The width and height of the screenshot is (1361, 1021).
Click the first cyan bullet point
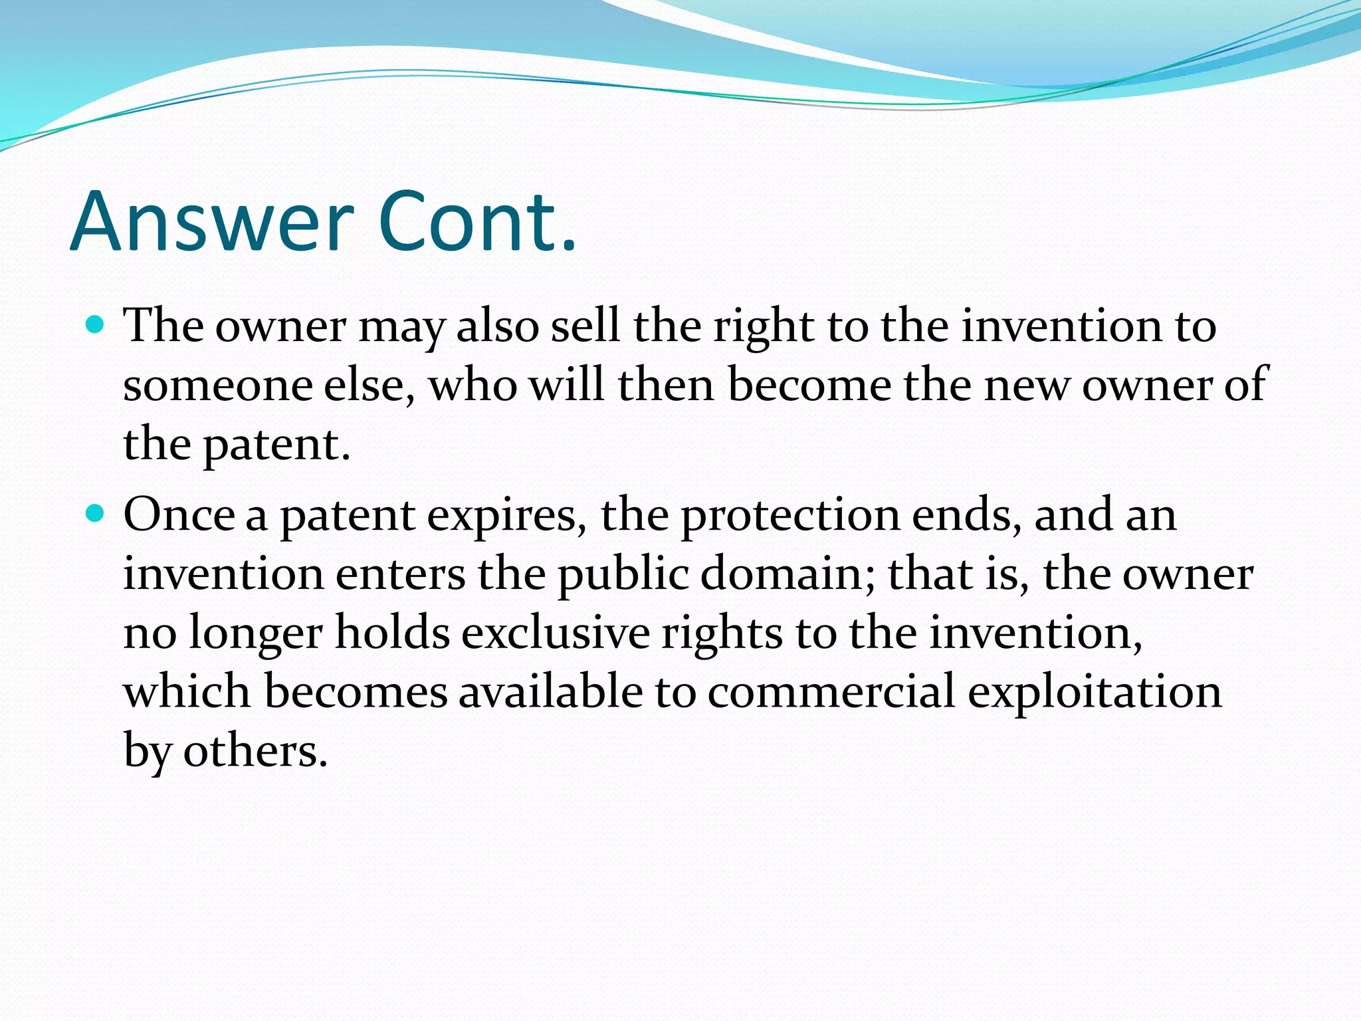click(x=96, y=325)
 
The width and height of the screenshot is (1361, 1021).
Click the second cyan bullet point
click(x=96, y=514)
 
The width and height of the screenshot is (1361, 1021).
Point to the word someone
click(x=217, y=386)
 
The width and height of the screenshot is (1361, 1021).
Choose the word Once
click(x=179, y=515)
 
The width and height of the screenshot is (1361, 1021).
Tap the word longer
click(x=255, y=633)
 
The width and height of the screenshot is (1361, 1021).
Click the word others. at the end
click(x=255, y=752)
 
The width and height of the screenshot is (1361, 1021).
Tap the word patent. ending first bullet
click(x=276, y=445)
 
